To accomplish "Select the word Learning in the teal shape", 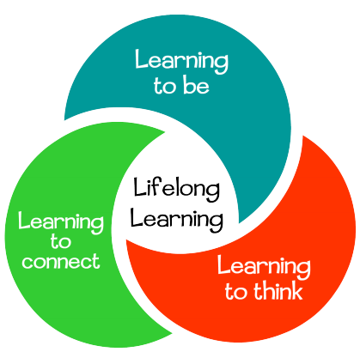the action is coord(181,61).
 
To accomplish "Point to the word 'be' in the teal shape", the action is coord(196,85).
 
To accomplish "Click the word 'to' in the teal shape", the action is coord(165,86).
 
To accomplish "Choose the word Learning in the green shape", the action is coord(61,222).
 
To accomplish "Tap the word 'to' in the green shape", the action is coord(61,241).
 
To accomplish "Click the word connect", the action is coord(61,261).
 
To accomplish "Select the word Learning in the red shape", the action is coord(264,267).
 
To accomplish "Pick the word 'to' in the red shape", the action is coord(235,292).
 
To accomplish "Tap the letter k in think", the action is coord(296,290).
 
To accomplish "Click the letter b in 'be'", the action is coord(189,85).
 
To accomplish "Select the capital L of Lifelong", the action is coord(140,186).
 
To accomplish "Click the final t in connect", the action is coord(96,260).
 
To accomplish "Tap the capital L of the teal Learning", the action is coord(141,59).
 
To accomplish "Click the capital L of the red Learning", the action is coord(223,264).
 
